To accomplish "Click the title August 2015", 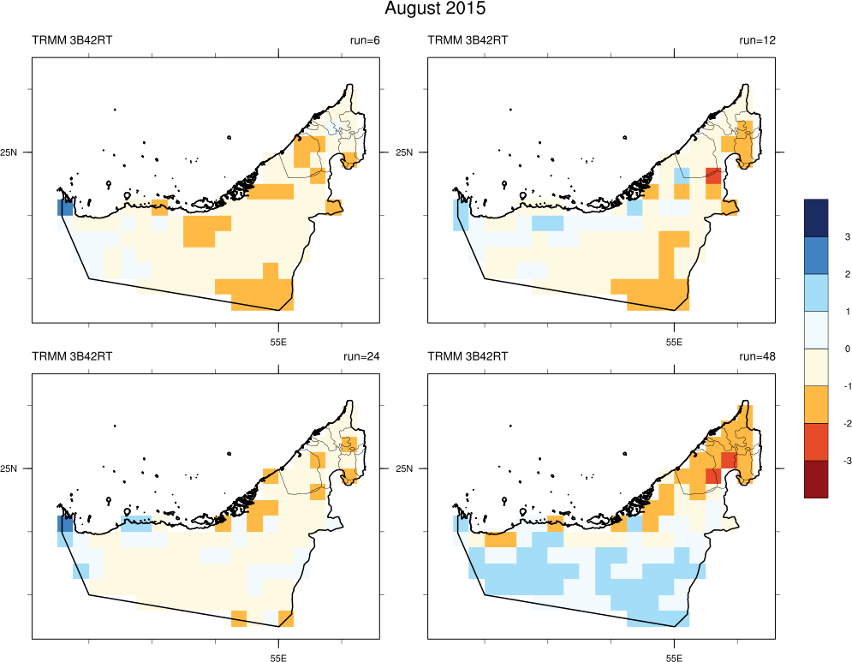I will pyautogui.click(x=435, y=9).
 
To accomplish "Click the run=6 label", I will pyautogui.click(x=363, y=40).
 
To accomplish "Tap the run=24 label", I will pyautogui.click(x=362, y=356).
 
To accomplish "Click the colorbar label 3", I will pyautogui.click(x=823, y=236).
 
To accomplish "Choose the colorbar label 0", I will pyautogui.click(x=823, y=349).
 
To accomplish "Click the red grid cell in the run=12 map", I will pyautogui.click(x=712, y=176).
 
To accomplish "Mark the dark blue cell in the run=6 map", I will pyautogui.click(x=66, y=207).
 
